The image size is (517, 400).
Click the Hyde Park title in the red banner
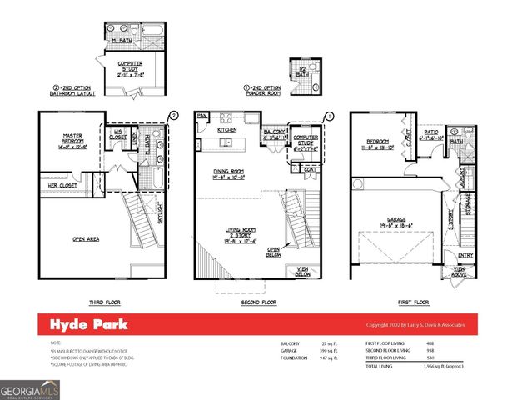(x=81, y=324)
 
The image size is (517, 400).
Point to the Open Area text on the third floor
(x=86, y=238)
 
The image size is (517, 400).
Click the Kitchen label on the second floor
(x=227, y=131)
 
